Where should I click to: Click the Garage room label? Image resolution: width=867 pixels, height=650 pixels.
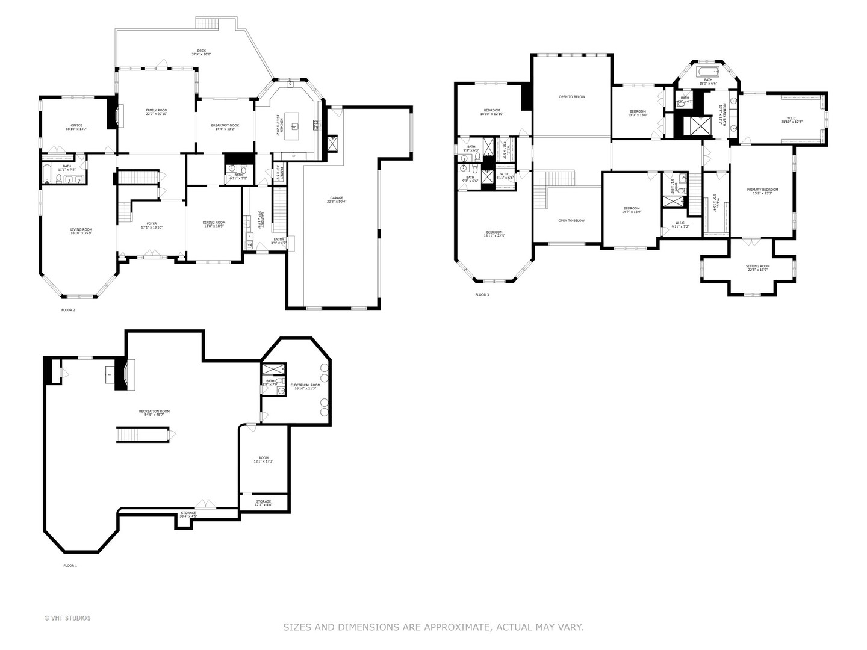(336, 199)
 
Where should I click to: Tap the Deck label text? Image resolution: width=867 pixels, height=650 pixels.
(201, 52)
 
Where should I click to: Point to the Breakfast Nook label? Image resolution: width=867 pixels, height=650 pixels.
(225, 127)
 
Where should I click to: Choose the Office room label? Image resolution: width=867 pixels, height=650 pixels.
(76, 127)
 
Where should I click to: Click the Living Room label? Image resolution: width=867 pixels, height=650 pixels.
(81, 231)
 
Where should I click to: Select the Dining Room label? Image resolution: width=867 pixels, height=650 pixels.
(214, 224)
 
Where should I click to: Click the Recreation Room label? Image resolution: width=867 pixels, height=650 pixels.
(154, 413)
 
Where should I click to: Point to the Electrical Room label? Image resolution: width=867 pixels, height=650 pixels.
(305, 386)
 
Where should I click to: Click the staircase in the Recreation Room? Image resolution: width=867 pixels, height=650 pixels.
(143, 434)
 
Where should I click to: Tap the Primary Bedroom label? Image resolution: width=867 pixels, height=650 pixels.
(762, 191)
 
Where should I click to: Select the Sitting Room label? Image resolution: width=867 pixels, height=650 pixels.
(757, 267)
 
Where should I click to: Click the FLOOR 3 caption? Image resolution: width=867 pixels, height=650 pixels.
(482, 295)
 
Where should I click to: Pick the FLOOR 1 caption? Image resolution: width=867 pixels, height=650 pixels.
(70, 566)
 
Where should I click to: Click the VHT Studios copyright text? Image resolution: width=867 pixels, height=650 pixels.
(67, 617)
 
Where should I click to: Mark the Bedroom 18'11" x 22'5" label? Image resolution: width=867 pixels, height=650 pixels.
(494, 234)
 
